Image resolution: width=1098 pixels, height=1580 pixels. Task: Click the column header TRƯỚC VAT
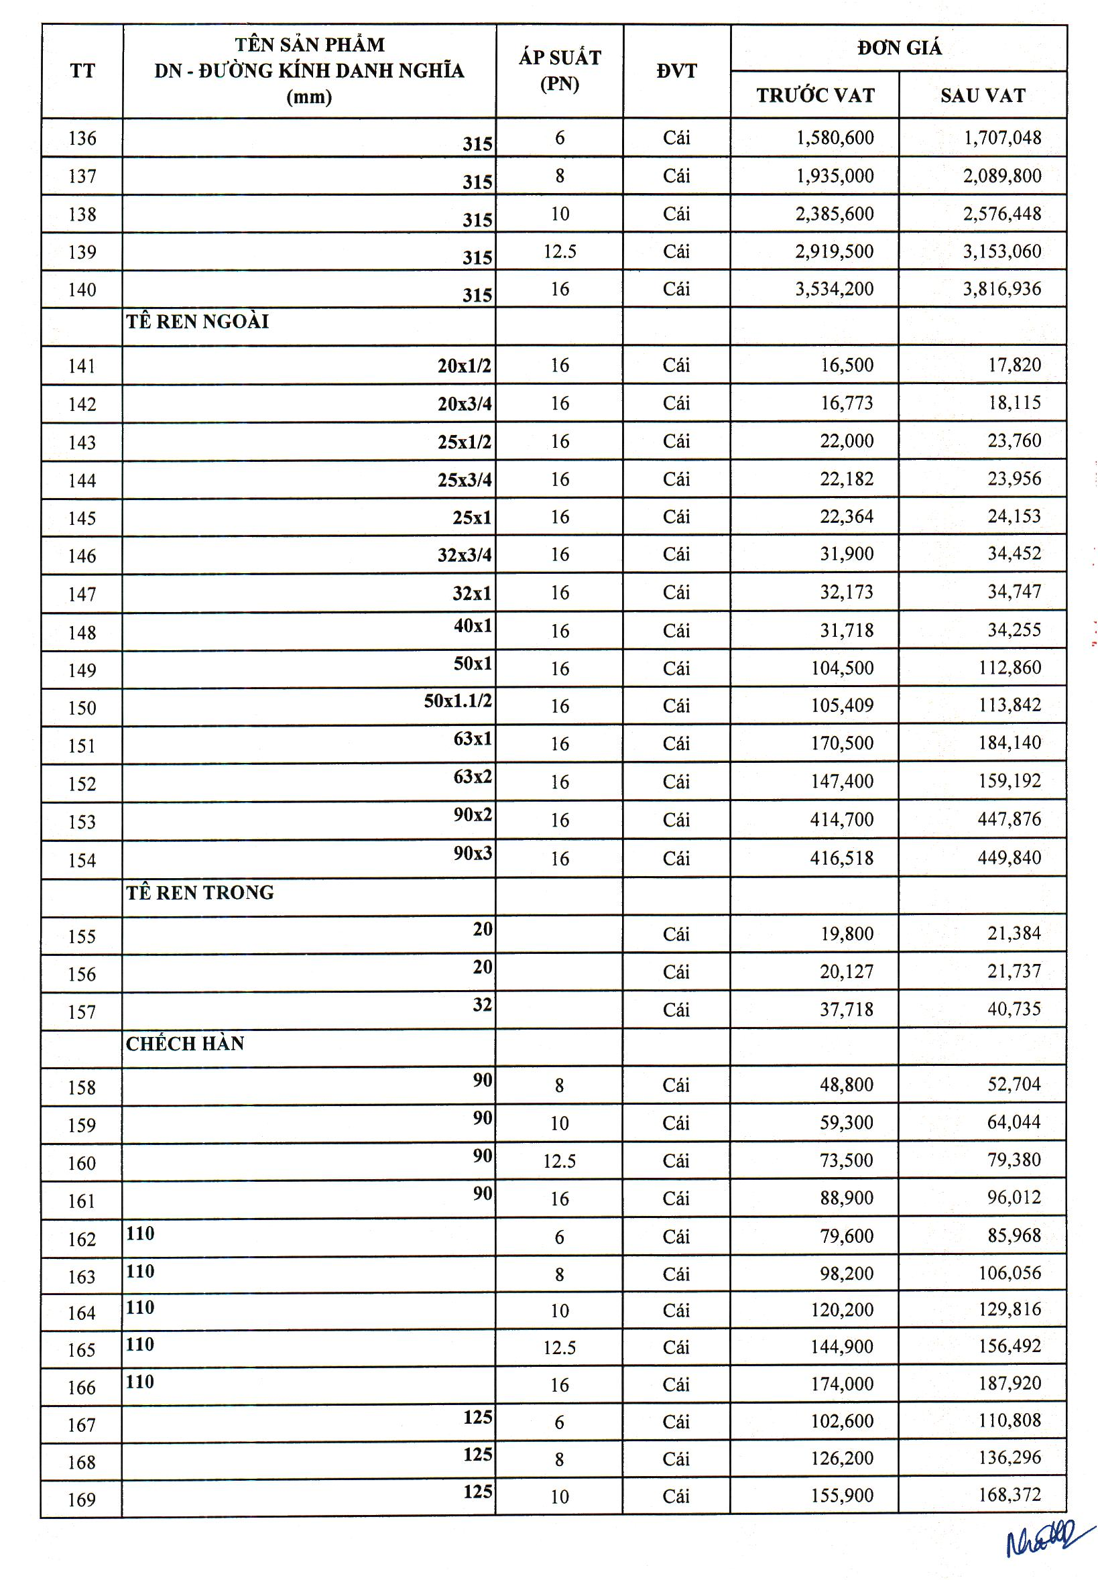815,96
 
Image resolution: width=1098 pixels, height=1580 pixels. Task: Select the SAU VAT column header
983,96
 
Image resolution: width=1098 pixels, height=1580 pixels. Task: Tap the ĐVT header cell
676,71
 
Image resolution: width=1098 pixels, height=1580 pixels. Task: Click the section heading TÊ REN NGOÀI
198,321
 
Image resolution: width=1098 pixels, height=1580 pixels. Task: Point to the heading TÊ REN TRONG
200,892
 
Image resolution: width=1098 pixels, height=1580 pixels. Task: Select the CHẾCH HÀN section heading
185,1044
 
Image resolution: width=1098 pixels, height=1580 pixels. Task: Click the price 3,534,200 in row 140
835,289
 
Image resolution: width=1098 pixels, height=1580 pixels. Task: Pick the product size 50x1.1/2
457,701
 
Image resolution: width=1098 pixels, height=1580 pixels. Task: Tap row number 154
82,860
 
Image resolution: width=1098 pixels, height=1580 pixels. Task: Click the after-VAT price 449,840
1010,857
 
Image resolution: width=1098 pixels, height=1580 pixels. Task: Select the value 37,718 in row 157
846,1009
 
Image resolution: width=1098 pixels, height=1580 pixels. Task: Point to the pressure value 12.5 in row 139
559,252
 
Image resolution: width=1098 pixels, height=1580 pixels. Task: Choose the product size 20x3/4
465,404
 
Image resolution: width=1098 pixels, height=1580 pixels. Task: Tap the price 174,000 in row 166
842,1384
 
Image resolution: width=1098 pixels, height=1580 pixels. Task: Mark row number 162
82,1239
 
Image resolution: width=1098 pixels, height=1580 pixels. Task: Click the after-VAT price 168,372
1010,1494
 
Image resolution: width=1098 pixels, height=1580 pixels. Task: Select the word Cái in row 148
676,630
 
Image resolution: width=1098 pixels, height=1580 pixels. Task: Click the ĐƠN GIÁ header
899,48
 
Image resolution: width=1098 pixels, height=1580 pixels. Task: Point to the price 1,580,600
835,137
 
